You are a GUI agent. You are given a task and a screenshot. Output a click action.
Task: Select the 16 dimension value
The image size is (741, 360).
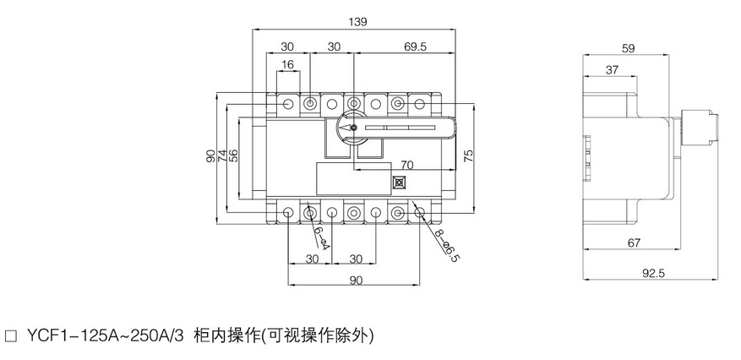click(288, 65)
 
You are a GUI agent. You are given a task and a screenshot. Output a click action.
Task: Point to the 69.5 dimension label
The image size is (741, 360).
click(415, 47)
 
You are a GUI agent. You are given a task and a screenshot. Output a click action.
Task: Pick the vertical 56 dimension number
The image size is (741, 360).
click(234, 155)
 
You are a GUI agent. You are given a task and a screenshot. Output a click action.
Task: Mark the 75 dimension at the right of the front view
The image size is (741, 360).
click(467, 155)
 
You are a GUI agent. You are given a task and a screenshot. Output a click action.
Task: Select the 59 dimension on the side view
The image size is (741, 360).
click(627, 48)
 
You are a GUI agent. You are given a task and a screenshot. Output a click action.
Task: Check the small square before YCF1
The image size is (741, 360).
click(11, 335)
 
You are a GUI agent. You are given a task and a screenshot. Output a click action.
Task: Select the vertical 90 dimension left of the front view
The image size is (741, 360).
click(210, 155)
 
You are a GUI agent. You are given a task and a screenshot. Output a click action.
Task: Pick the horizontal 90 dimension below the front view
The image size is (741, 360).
click(356, 280)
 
